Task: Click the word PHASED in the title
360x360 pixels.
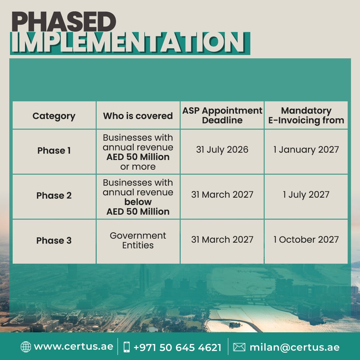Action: [64, 22]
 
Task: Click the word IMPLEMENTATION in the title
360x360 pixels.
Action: [128, 42]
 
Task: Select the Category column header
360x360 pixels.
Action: [54, 116]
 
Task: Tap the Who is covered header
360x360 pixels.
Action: [138, 116]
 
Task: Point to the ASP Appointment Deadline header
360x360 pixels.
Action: [222, 115]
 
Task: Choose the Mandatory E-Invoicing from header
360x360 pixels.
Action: [306, 115]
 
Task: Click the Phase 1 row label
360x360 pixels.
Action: [54, 150]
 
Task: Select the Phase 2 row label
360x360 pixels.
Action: [54, 195]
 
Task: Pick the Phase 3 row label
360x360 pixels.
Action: [54, 240]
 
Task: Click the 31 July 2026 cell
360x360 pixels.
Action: [222, 149]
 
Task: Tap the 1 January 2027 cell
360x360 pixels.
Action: [306, 149]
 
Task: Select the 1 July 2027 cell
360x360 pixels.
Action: [306, 194]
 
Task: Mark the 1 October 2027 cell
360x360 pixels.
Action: [306, 239]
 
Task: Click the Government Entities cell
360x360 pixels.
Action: [138, 240]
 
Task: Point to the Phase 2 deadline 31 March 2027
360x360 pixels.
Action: [222, 194]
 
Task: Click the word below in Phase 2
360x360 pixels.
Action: [138, 202]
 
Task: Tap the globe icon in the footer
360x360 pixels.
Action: [26, 347]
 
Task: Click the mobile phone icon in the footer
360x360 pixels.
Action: [127, 347]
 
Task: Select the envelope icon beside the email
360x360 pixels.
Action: [239, 347]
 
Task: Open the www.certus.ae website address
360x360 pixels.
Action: [73, 346]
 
